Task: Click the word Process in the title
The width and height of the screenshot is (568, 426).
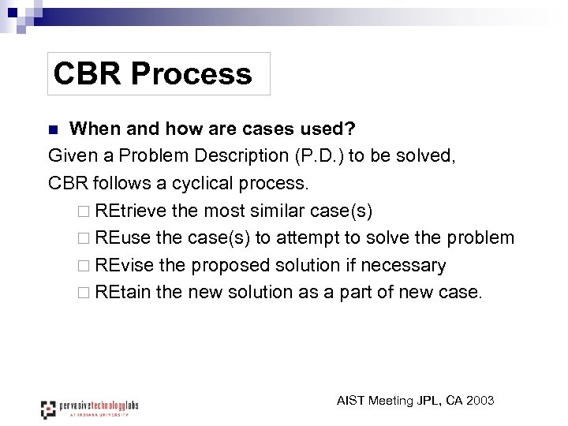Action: (192, 73)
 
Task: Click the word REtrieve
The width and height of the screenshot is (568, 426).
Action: (130, 211)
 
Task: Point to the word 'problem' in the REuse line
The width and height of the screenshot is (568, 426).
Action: (480, 237)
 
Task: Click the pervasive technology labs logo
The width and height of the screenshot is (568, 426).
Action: (89, 407)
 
